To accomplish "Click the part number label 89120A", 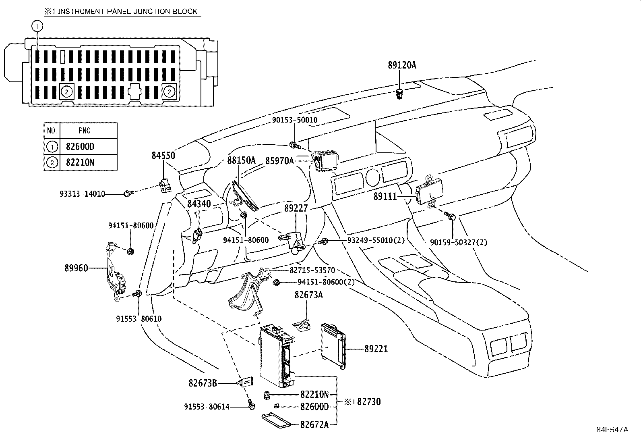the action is pos(402,65).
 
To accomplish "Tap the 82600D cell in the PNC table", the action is pos(80,146).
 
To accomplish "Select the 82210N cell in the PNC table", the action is pos(80,162).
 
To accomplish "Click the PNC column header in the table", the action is pos(85,131).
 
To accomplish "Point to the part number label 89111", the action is pos(385,197).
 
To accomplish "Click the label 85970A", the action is pos(279,161).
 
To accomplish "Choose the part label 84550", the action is pos(163,155).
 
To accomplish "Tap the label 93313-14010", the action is pos(83,194).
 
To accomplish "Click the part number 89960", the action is pos(76,268).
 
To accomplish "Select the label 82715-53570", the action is pos(312,270).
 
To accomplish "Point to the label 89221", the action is pos(376,349).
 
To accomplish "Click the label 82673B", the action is pos(203,383).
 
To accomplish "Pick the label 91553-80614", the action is pos(207,407).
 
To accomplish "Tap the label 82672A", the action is pos(314,425).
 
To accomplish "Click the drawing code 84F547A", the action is pos(612,430).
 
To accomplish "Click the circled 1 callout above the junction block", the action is pos(37,26).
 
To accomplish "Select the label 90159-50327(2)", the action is pos(459,242).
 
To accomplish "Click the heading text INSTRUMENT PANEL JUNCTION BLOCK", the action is pos(128,11).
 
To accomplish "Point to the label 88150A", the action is pos(242,160).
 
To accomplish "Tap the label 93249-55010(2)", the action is pos(376,240).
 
